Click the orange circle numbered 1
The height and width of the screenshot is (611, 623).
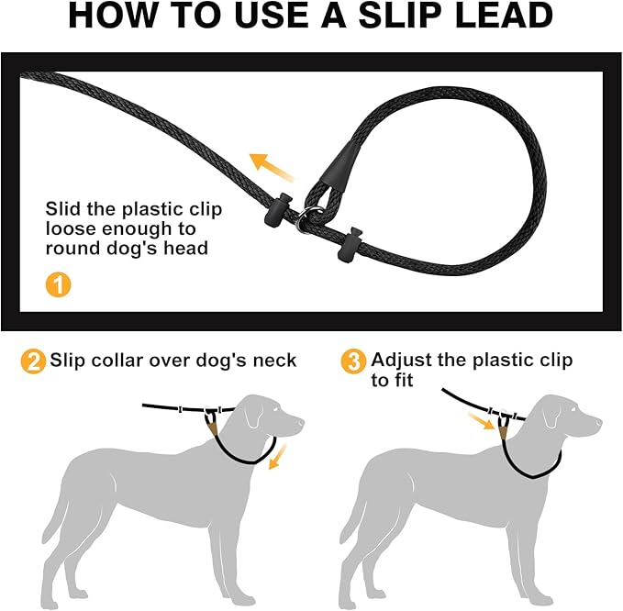tap(58, 284)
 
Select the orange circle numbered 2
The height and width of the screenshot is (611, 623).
tap(33, 361)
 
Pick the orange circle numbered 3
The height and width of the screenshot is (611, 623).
tap(352, 361)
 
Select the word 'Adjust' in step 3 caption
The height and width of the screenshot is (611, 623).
tap(404, 360)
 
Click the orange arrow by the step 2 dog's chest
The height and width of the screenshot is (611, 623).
tap(276, 455)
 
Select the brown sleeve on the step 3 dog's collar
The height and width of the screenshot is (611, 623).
tap(507, 424)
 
